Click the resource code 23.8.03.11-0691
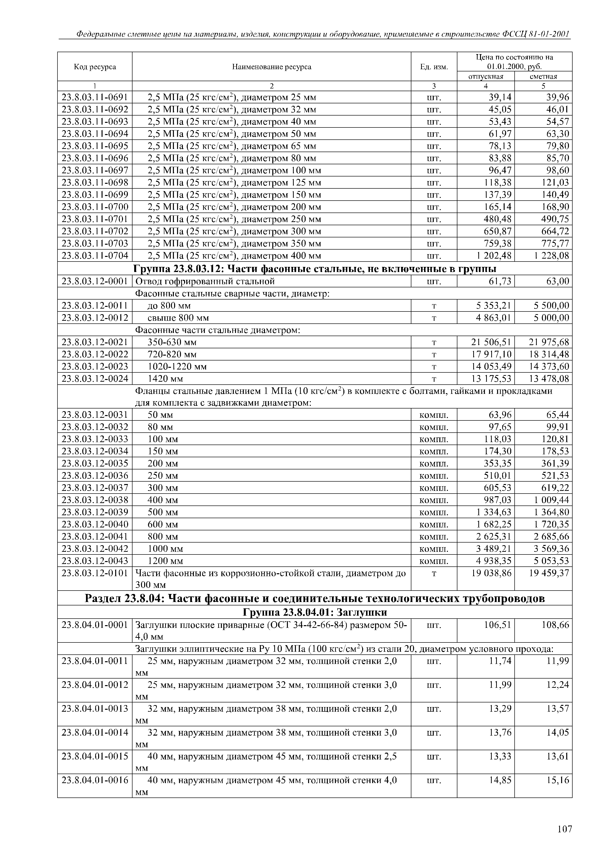[x=95, y=97]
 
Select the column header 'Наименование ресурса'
[x=272, y=67]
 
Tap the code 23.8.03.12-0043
[x=95, y=561]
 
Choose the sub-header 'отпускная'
[x=486, y=76]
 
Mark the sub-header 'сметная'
[x=543, y=76]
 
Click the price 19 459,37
[x=549, y=573]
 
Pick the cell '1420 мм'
[x=166, y=379]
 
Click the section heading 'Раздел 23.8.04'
[x=315, y=598]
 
